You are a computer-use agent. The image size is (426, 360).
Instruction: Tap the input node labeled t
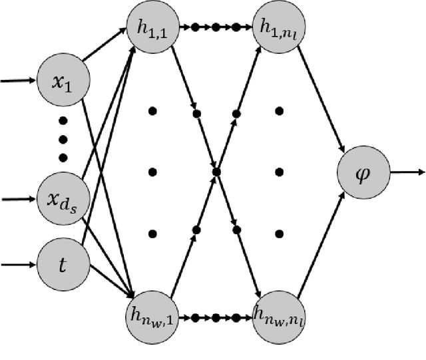[x=64, y=265]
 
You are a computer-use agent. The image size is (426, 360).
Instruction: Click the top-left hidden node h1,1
[x=152, y=29]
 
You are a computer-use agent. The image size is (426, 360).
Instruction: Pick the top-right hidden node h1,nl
[x=279, y=29]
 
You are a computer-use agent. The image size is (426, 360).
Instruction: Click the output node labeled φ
[x=363, y=172]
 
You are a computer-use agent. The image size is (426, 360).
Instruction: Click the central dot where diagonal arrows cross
[x=216, y=172]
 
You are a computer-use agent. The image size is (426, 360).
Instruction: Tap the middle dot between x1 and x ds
[x=64, y=139]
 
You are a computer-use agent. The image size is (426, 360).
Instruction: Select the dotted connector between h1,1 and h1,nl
[x=216, y=29]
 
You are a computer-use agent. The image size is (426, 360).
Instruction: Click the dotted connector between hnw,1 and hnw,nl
[x=216, y=318]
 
